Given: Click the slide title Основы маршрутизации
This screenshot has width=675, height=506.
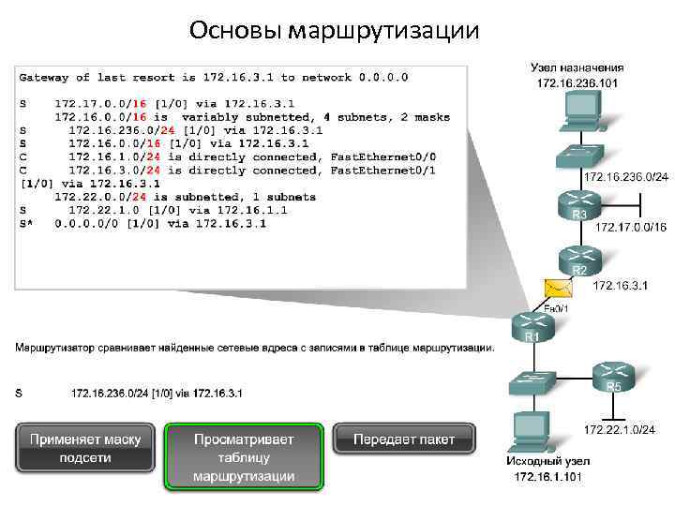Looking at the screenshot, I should point(333,31).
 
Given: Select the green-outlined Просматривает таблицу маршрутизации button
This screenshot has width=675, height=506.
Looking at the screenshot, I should point(244,457).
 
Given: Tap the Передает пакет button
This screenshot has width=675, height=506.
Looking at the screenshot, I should point(405,439).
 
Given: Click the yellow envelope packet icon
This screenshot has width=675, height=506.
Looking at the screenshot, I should point(556,288).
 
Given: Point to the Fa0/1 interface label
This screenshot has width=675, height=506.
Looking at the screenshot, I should point(557,307).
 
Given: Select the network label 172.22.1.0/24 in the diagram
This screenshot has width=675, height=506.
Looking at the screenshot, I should point(620,429).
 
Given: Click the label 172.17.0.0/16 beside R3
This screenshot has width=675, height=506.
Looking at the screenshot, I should point(630,227).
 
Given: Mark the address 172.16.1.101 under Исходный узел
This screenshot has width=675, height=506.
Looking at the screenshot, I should point(547,477).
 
